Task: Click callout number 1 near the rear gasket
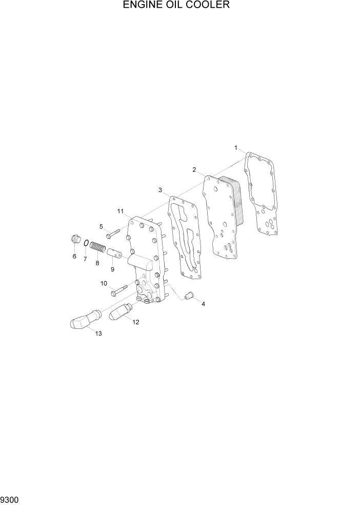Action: tap(236, 148)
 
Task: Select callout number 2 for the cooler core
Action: tap(194, 169)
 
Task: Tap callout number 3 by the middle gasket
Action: tap(160, 190)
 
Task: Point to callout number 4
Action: tap(203, 304)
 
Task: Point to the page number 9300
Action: tap(11, 500)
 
